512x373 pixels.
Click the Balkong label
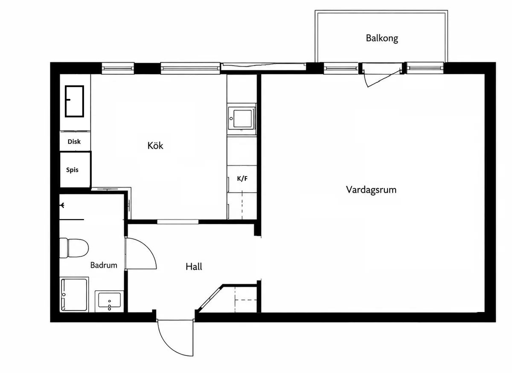(x=382, y=38)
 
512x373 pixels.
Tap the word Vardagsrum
(x=371, y=190)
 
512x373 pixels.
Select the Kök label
(x=155, y=145)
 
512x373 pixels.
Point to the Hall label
(x=194, y=266)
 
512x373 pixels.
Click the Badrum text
(x=104, y=265)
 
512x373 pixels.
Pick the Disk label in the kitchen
(x=74, y=142)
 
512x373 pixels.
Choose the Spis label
(x=72, y=170)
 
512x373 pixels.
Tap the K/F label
(x=242, y=179)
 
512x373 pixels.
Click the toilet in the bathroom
(x=74, y=248)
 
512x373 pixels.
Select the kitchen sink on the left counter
(x=75, y=101)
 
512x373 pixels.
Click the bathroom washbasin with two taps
(x=109, y=301)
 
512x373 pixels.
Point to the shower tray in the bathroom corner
(x=74, y=295)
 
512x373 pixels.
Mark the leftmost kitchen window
(x=118, y=68)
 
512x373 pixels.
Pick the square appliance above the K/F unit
(x=242, y=119)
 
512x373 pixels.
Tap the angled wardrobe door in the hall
(x=210, y=299)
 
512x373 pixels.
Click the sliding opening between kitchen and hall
(x=177, y=222)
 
